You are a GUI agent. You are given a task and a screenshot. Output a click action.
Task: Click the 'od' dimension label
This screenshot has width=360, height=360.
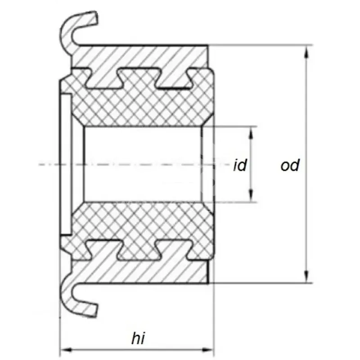(x=290, y=165)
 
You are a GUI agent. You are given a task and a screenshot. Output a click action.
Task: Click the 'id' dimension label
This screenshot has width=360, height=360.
(x=240, y=165)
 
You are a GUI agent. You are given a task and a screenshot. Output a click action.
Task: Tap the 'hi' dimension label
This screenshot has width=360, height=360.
(x=138, y=338)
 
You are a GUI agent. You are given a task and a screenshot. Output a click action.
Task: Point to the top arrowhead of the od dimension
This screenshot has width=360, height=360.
(x=306, y=51)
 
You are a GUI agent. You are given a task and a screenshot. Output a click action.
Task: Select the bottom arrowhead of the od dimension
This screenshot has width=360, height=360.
(x=306, y=277)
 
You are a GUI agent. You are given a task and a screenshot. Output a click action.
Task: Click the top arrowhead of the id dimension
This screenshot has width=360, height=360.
(x=251, y=133)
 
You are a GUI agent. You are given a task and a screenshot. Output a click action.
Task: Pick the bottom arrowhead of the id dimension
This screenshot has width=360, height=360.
(x=251, y=196)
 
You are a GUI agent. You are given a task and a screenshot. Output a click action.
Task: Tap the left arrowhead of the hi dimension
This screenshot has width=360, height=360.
(x=67, y=350)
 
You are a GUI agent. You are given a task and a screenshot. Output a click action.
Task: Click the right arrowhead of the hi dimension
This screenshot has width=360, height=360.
(x=207, y=350)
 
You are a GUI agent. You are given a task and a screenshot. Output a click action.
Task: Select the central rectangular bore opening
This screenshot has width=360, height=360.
(x=143, y=164)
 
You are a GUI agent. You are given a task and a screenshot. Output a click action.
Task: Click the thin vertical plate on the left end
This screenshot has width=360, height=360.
(x=66, y=164)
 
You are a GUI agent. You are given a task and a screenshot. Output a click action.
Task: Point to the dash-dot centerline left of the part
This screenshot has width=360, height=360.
(x=49, y=164)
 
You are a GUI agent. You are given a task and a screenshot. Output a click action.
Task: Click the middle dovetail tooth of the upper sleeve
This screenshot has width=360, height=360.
(x=139, y=78)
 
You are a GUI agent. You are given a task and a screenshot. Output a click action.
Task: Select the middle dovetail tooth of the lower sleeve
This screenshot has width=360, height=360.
(x=139, y=250)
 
